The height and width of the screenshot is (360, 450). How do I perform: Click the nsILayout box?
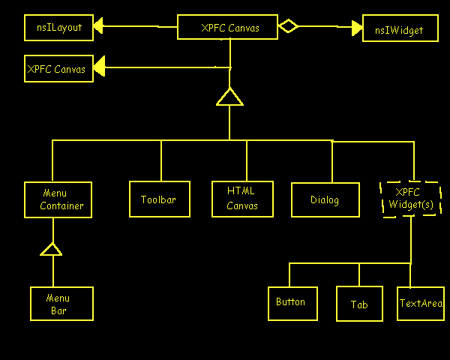[58, 28]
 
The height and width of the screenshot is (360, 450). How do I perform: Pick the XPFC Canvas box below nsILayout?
[58, 69]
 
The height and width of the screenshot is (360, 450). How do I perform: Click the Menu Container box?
[58, 199]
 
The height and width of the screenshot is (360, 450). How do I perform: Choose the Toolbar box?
[158, 199]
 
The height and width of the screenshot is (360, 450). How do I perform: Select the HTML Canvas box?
[242, 199]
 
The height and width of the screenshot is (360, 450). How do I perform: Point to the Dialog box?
[325, 199]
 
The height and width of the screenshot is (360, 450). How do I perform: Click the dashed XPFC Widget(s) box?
[410, 198]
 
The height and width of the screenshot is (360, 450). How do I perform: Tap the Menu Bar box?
[62, 303]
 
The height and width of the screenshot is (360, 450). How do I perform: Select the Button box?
[292, 302]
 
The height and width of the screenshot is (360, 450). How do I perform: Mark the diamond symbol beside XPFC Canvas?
[289, 27]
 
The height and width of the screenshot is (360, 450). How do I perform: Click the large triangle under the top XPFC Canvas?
[229, 97]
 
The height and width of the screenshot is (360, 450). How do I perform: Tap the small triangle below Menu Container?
[51, 249]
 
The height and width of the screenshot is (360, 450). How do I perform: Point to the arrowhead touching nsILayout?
[98, 28]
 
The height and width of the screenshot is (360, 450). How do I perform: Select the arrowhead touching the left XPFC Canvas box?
[99, 68]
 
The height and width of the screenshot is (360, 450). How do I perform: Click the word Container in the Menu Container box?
[61, 205]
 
